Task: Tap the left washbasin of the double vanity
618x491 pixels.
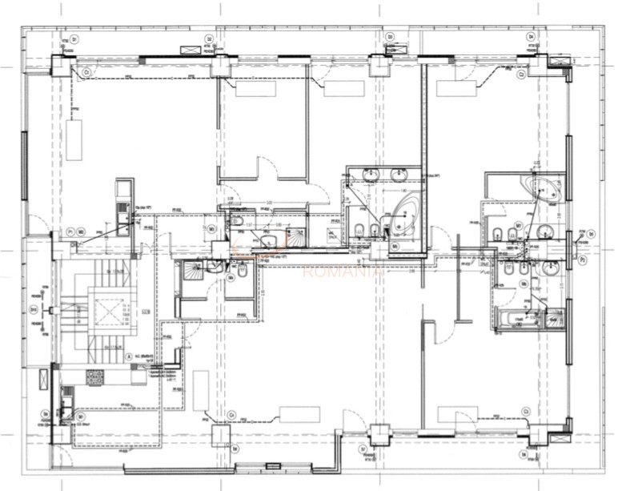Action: point(370,175)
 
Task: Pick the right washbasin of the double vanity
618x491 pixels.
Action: point(401,175)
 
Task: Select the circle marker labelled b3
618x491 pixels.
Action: point(391,37)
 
